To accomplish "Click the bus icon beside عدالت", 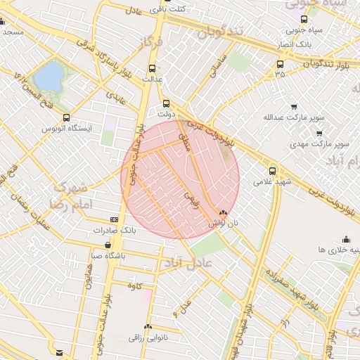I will [153, 68].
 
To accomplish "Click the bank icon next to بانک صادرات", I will [115, 219].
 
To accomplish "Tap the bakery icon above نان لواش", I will [223, 212].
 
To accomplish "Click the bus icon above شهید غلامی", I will [273, 170].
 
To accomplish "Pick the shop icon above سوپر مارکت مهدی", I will [321, 133].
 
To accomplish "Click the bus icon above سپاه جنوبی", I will [303, 20].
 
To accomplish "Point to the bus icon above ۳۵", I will [281, 65].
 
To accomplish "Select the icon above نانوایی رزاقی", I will [148, 327].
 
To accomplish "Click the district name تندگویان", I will [219, 32].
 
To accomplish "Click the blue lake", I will [49, 77].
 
